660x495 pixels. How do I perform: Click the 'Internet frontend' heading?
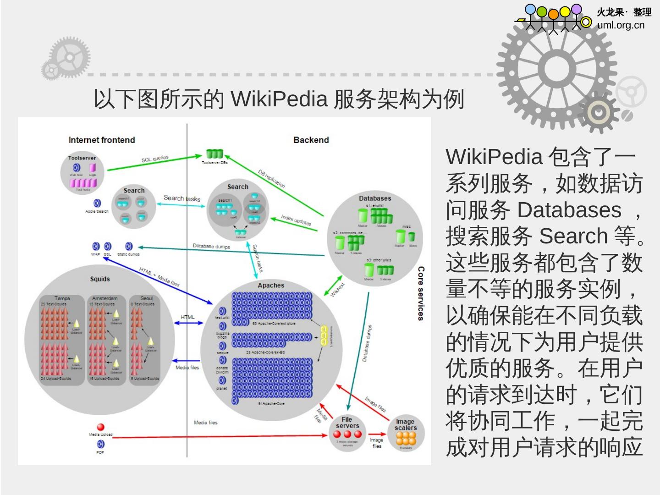[102, 140]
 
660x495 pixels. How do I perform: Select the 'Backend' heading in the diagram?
[311, 140]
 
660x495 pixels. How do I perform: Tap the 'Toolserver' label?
[82, 158]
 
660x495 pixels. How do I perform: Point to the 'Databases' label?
[375, 198]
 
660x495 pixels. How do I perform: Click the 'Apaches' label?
[271, 285]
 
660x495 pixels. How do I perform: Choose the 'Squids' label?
[100, 279]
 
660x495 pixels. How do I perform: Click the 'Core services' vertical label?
[421, 293]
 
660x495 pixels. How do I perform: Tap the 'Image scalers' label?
[406, 424]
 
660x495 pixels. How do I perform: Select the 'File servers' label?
[347, 423]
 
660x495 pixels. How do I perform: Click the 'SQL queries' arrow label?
[155, 159]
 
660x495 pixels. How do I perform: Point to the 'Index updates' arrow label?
[296, 220]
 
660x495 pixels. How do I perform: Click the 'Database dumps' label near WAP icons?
[211, 246]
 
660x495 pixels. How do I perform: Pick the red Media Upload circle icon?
[101, 427]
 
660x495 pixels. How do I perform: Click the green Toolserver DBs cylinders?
[214, 154]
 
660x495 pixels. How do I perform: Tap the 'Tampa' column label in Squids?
[62, 298]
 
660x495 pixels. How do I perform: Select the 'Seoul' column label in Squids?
[147, 298]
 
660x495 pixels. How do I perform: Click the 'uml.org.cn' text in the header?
[621, 25]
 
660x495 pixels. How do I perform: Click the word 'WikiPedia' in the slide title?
[279, 99]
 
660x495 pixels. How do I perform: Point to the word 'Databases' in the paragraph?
[569, 210]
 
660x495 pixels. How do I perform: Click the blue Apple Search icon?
[97, 203]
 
